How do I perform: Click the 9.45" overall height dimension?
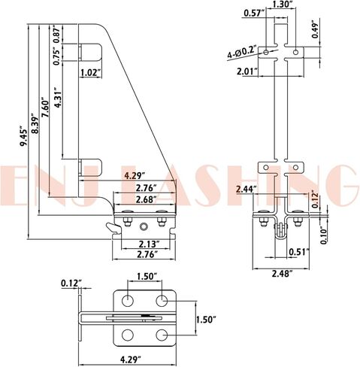pyautogui.click(x=24, y=138)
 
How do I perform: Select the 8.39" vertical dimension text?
pyautogui.click(x=35, y=124)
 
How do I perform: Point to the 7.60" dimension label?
pyautogui.click(x=46, y=108)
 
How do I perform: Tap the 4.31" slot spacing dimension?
pyautogui.click(x=58, y=97)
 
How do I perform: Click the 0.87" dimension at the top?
pyautogui.click(x=57, y=34)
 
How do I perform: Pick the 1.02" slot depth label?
pyautogui.click(x=90, y=73)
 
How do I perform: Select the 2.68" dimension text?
pyautogui.click(x=146, y=199)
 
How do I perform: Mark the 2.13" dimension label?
pyautogui.click(x=150, y=244)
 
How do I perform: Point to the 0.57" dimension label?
pyautogui.click(x=253, y=14)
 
